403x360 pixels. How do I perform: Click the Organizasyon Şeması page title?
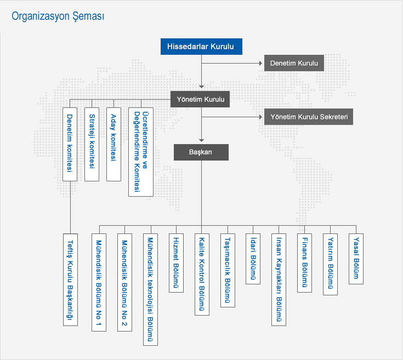click(58, 16)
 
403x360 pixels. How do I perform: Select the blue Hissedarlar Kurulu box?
click(201, 47)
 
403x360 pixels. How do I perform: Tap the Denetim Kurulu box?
click(294, 64)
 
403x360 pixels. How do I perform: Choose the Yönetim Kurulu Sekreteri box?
click(309, 117)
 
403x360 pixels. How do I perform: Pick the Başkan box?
click(201, 152)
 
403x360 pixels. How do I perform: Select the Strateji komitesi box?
click(92, 144)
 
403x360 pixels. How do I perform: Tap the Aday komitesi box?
click(113, 144)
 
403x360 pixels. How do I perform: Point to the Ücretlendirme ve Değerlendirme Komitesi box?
click(141, 152)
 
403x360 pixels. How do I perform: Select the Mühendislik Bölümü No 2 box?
click(124, 282)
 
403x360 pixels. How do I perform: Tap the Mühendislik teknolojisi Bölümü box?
click(150, 289)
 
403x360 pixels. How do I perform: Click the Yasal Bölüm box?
click(356, 258)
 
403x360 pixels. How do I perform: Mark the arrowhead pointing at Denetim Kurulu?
click(260, 64)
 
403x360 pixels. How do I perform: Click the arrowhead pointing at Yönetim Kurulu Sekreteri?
click(260, 117)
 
